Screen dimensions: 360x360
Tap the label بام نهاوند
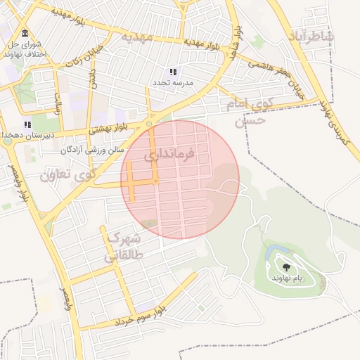click(288, 278)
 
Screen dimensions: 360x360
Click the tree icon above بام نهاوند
click(287, 266)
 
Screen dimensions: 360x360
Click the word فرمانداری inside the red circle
click(169, 155)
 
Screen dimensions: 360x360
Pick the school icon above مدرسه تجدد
click(173, 72)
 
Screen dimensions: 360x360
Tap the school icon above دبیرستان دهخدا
click(27, 124)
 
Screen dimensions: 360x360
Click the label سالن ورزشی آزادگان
click(92, 150)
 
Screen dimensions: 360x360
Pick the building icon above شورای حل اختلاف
click(25, 34)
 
